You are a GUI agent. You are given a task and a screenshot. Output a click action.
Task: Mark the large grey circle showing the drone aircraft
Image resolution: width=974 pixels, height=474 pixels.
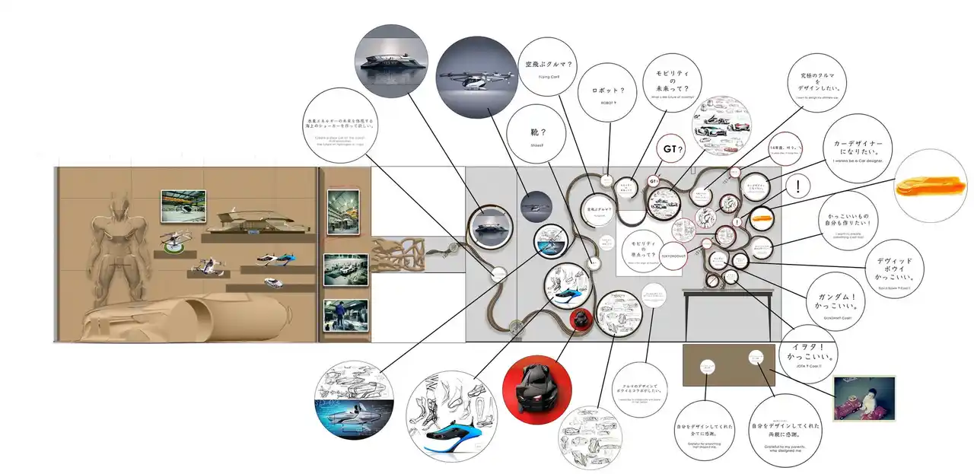pyautogui.click(x=476, y=78)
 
